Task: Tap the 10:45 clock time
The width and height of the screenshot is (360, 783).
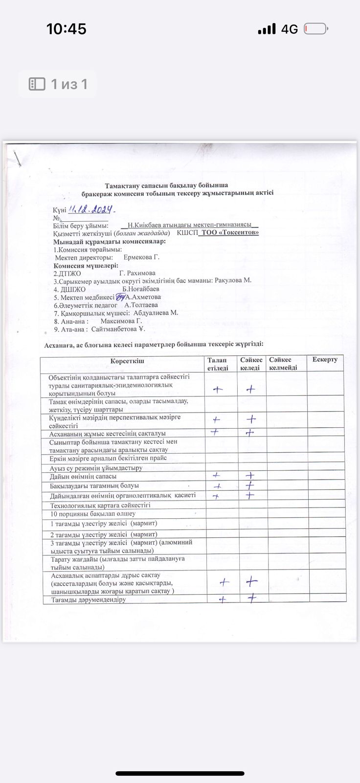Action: (x=66, y=29)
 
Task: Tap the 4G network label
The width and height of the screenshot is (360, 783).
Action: (x=289, y=29)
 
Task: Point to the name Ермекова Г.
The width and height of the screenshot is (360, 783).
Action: (x=142, y=257)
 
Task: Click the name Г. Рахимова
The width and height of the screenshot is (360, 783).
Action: (x=137, y=273)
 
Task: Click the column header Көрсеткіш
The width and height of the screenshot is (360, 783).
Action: (x=124, y=361)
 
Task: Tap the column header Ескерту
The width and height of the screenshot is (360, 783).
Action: (x=325, y=360)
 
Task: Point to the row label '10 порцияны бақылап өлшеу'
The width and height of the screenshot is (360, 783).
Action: (x=93, y=514)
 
